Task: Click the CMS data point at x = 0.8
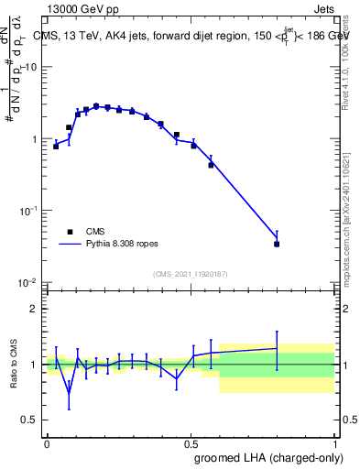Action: tap(277, 244)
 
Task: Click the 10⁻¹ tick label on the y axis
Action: tap(29, 211)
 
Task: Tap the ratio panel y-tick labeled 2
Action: tap(35, 309)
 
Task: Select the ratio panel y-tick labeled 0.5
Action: tap(31, 420)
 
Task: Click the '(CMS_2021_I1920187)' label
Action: tap(190, 274)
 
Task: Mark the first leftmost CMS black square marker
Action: tap(56, 146)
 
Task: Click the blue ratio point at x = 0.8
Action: tap(277, 348)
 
